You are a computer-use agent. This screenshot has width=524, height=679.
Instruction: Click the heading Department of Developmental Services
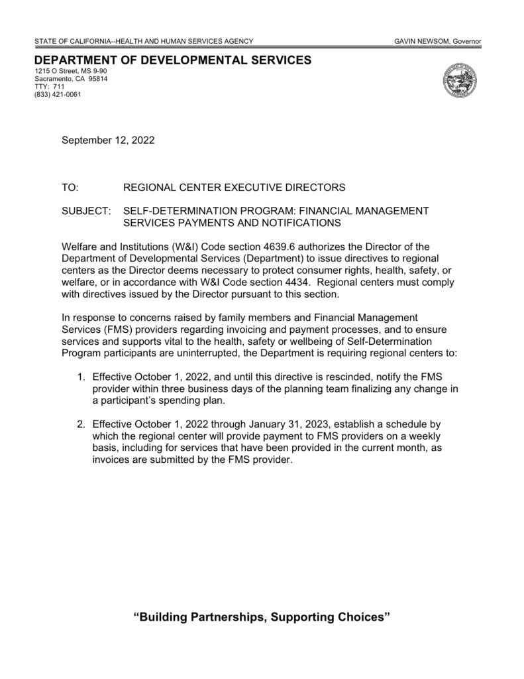(172, 60)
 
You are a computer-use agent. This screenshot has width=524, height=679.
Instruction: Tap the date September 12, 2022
(108, 140)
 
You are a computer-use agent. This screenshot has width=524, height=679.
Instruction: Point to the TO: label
(70, 188)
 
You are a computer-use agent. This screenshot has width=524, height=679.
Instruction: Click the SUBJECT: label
(85, 211)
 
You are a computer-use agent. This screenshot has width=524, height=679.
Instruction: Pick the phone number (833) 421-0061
(58, 94)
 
